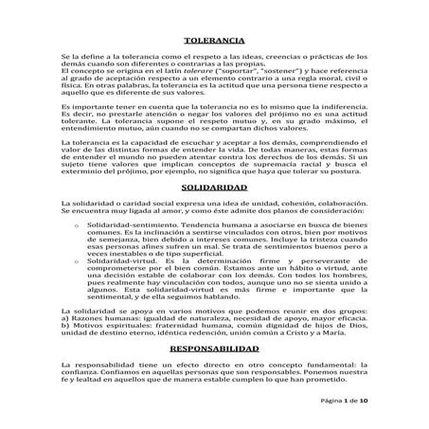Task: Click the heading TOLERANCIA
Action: (214, 42)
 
